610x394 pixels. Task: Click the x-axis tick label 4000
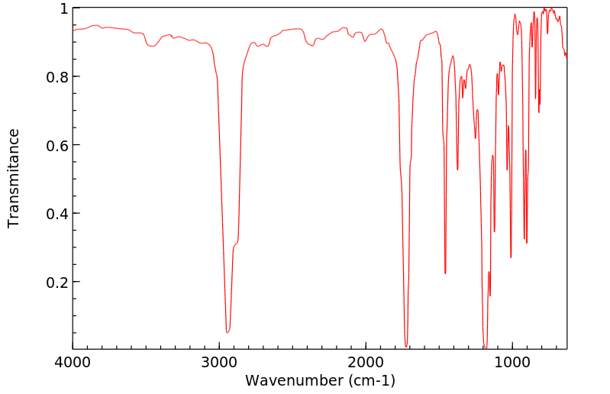pos(73,362)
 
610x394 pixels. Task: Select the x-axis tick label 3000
pos(219,362)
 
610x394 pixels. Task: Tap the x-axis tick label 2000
pos(366,362)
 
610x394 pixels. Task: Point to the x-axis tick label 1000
pos(512,362)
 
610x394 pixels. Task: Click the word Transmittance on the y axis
pos(14,178)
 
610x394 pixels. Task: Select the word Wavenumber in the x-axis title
pos(293,380)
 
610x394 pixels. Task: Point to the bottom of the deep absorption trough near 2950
pos(228,331)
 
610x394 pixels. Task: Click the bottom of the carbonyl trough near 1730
pos(406,345)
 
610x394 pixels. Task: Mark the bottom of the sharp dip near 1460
pos(445,273)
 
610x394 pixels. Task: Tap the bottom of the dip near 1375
pos(457,170)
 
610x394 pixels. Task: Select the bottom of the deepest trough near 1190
pos(484,347)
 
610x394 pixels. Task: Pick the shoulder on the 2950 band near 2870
pos(236,244)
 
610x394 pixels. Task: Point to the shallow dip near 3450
pos(153,47)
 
